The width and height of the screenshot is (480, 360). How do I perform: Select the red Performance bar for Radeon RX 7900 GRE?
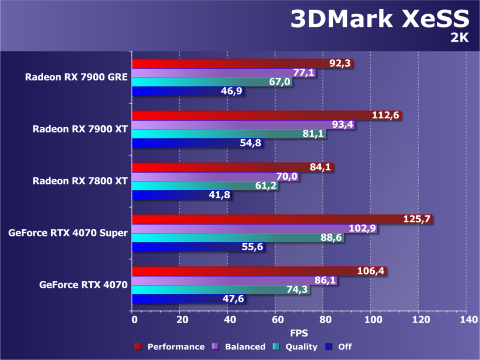[x=232, y=64]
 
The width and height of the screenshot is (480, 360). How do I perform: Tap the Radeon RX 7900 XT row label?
[x=80, y=129]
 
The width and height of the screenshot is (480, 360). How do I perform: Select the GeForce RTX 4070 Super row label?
[x=68, y=232]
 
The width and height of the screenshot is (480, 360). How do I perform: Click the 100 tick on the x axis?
[x=370, y=320]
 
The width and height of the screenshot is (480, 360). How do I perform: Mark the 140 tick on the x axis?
[x=466, y=320]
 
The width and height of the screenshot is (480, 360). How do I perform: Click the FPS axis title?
[x=299, y=333]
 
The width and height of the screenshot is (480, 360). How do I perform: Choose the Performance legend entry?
[x=170, y=347]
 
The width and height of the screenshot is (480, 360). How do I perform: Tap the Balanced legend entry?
[x=240, y=347]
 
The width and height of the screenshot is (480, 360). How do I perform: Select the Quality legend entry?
[x=296, y=347]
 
